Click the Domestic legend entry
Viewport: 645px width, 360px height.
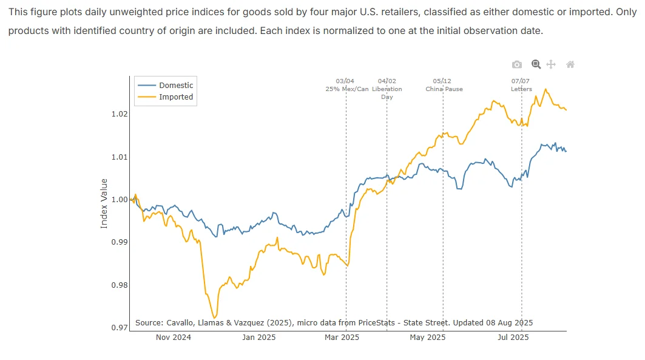click(165, 85)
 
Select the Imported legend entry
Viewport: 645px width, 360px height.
click(165, 97)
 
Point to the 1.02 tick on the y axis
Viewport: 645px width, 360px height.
click(120, 114)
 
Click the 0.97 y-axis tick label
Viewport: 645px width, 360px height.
click(120, 327)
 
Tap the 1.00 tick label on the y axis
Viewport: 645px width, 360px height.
click(120, 200)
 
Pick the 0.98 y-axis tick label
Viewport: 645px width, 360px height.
click(120, 285)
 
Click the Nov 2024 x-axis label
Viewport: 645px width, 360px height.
click(173, 338)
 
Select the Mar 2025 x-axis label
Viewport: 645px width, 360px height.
click(342, 338)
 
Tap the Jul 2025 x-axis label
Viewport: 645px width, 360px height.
click(513, 338)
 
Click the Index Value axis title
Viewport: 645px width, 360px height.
click(104, 203)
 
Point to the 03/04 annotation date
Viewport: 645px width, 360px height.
click(345, 81)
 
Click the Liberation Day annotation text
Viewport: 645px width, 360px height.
click(387, 92)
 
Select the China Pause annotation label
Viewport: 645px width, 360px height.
click(444, 89)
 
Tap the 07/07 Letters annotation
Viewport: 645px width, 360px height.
click(521, 85)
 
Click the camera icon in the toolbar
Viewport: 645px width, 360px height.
click(517, 64)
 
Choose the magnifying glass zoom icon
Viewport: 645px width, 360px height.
click(536, 64)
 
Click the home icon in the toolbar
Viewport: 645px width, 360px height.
click(570, 64)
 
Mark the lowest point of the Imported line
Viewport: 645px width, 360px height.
click(214, 318)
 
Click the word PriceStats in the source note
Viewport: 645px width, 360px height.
click(376, 322)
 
